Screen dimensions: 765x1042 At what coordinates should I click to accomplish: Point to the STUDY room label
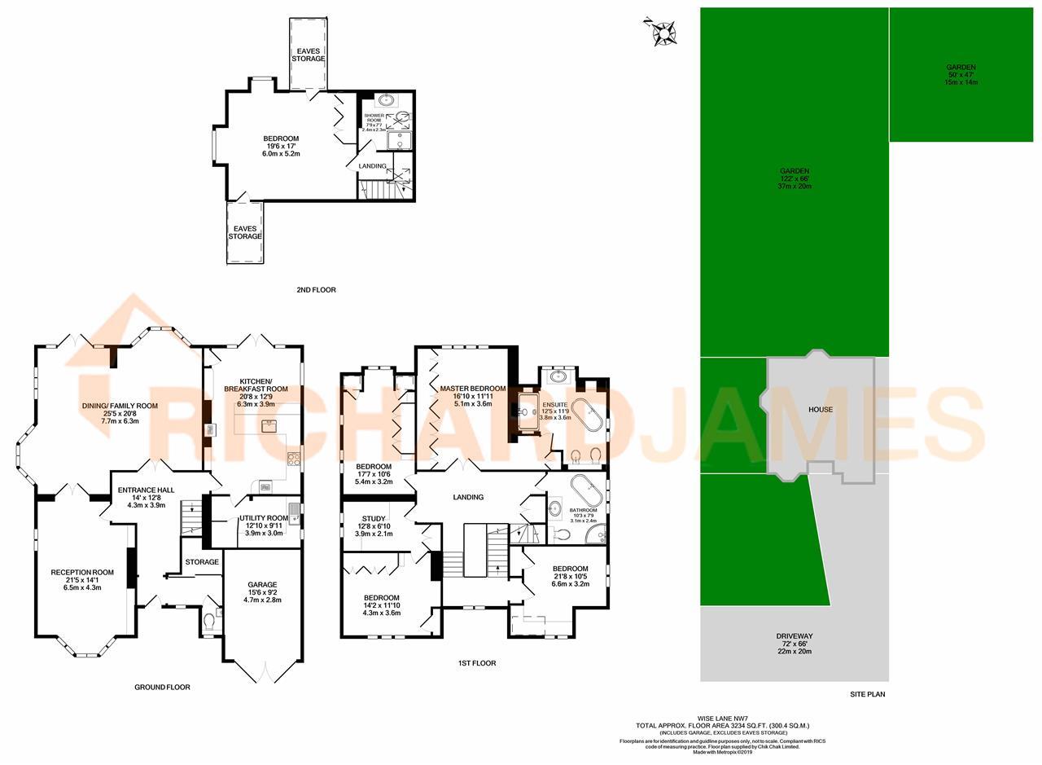click(374, 518)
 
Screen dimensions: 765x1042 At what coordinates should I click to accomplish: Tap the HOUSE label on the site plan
click(820, 409)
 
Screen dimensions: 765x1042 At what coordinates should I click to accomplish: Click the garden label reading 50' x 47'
click(961, 75)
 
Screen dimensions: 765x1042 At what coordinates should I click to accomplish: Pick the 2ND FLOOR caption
click(316, 290)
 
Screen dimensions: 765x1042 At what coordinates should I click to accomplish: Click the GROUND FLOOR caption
click(162, 688)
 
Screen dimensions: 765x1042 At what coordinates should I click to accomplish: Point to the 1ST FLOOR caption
click(476, 663)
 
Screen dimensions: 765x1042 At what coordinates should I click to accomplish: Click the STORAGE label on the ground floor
click(202, 562)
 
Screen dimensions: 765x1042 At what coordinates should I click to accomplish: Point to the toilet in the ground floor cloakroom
click(210, 622)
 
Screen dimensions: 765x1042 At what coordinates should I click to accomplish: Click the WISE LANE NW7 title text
click(722, 718)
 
